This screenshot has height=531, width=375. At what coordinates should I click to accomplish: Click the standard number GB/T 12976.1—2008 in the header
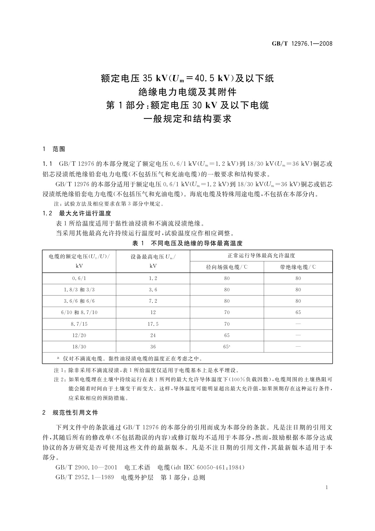pos(302,44)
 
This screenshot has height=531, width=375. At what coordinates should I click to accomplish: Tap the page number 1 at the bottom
pos(327,487)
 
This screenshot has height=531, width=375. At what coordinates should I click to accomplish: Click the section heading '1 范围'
pos(54,149)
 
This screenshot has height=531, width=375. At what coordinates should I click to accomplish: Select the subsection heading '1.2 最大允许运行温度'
pos(77,213)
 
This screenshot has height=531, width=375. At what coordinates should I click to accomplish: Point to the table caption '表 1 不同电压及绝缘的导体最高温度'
pos(187,243)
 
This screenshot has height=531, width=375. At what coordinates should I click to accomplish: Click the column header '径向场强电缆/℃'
pos(227,267)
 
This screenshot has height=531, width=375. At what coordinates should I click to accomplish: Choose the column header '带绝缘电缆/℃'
pos(298,267)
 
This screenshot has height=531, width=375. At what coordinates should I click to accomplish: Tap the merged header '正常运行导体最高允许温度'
pos(261,256)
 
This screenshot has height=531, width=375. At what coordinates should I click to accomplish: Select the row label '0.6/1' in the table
pos(79,278)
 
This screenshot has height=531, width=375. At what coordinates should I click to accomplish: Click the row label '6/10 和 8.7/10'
pos(79,312)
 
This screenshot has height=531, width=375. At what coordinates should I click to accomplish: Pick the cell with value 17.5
pos(153,324)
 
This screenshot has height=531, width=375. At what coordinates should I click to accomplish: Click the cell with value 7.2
pos(153,301)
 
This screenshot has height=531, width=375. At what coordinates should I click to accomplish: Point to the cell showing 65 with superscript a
pos(227,347)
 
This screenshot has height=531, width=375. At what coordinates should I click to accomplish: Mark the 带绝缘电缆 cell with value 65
pos(298,312)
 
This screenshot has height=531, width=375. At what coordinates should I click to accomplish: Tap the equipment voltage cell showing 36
pos(153,347)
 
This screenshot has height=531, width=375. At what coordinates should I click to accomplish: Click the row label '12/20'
pos(79,335)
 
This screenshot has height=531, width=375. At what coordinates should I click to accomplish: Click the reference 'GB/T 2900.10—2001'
pos(86,467)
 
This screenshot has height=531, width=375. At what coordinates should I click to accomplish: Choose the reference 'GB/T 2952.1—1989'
pos(85,477)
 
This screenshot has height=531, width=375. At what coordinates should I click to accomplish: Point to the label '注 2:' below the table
pos(60,379)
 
